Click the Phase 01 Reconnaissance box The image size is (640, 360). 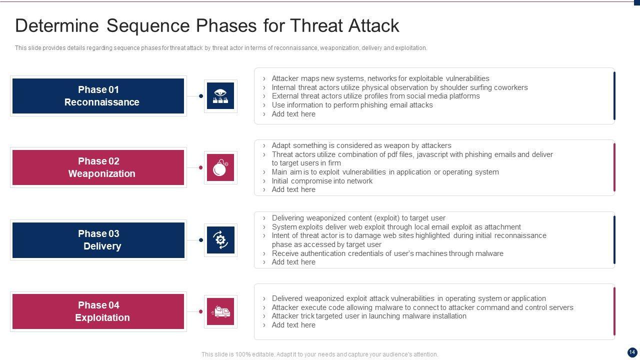click(98, 96)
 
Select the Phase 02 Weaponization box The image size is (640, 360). click(98, 167)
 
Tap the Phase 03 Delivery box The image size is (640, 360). click(98, 240)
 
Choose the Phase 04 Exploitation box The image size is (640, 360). click(98, 311)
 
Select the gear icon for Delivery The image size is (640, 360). click(220, 240)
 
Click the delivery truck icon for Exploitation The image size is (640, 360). click(220, 311)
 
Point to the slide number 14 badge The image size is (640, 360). click(631, 352)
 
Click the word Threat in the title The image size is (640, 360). click(316, 25)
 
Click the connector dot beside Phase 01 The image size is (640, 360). click(201, 96)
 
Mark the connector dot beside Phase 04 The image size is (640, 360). click(200, 311)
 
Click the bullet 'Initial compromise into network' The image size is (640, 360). click(322, 181)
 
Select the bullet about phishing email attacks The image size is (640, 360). click(352, 105)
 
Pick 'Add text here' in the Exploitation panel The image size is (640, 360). click(293, 325)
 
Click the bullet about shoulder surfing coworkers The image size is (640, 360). click(399, 87)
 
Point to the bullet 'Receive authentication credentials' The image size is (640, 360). click(387, 253)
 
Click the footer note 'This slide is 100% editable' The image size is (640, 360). click(319, 354)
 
